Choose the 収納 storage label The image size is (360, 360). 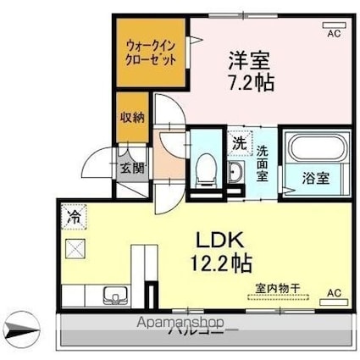[131, 119]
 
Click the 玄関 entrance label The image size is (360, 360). [131, 167]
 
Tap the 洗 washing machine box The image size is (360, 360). [239, 144]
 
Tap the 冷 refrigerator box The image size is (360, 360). [75, 217]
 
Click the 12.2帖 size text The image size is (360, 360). [218, 263]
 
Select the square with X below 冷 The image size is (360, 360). [75, 248]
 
